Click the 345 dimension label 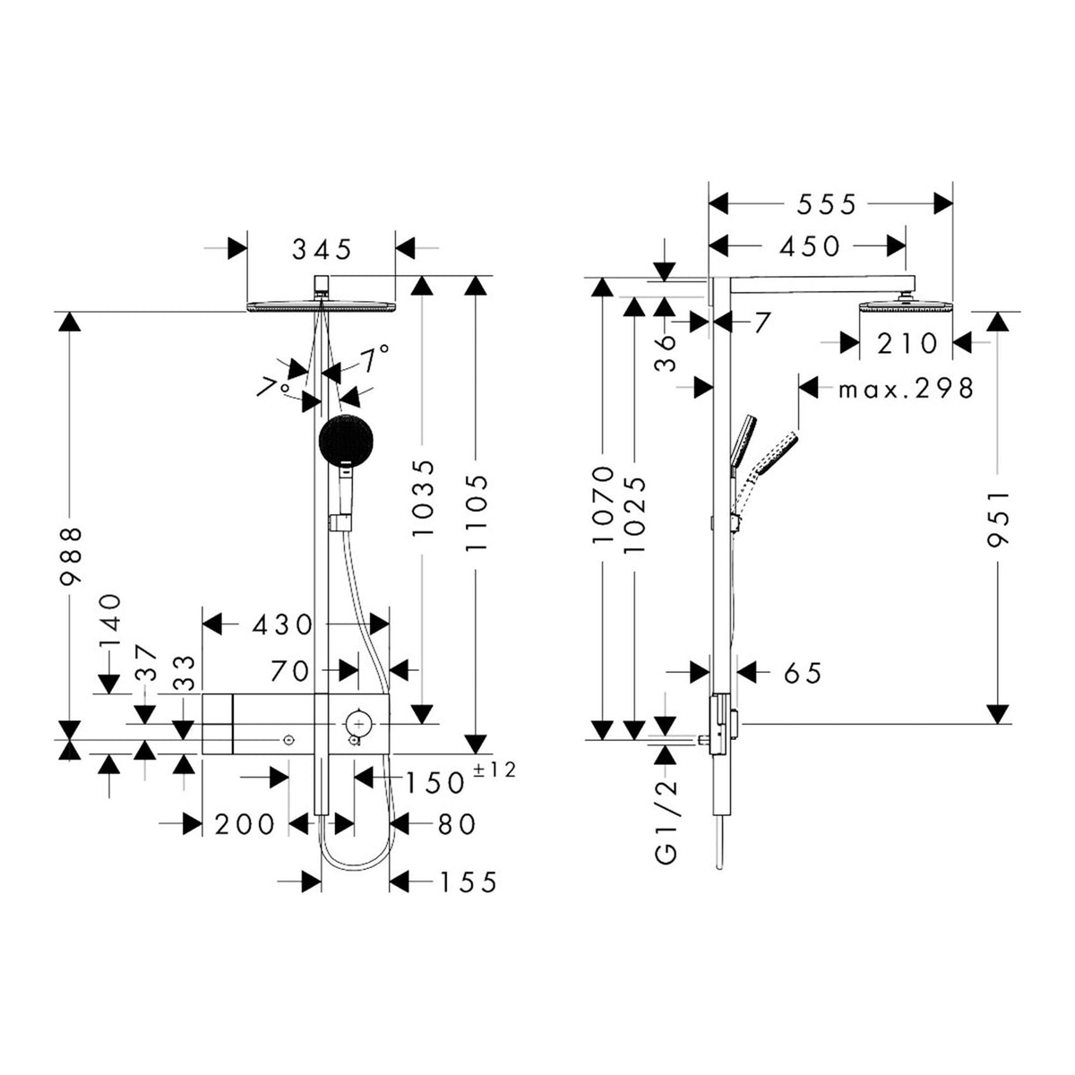point(322,249)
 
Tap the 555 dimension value point(826,205)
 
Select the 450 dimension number point(810,246)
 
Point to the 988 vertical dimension point(71,555)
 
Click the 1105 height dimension point(477,512)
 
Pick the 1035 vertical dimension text point(422,499)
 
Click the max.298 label point(907,388)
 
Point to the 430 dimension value point(283,624)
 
